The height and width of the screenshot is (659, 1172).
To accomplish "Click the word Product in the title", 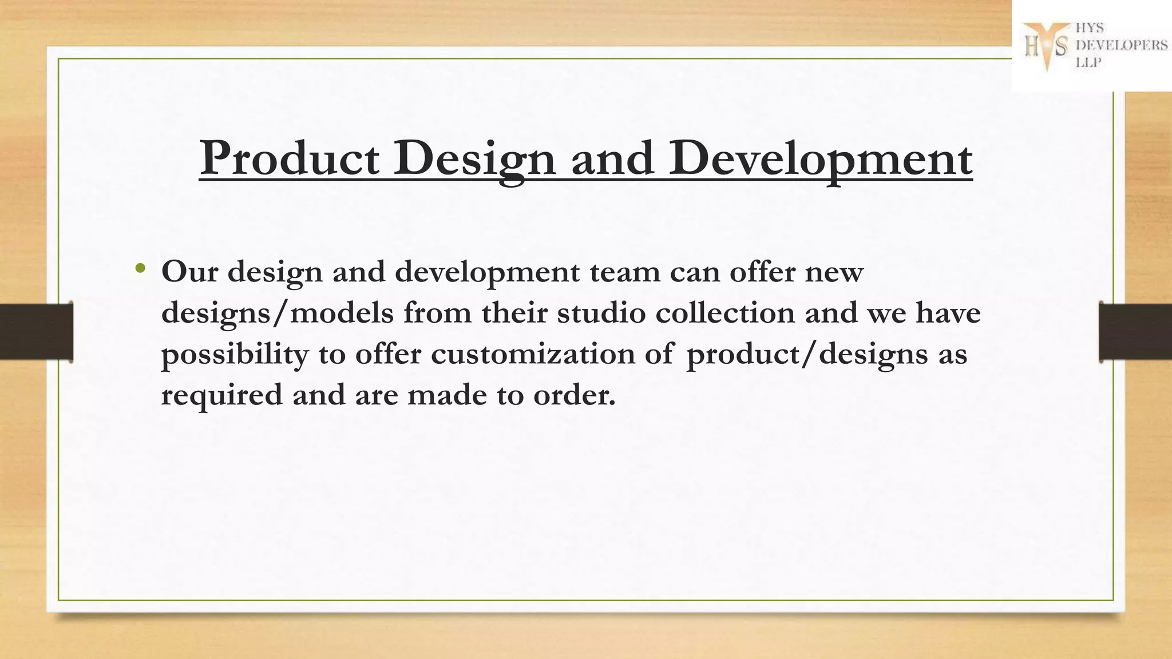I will point(289,158).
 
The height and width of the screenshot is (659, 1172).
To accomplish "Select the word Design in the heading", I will point(474,159).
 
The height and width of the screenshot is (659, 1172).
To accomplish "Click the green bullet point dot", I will point(140,267).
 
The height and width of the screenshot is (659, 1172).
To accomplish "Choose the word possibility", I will point(235,355).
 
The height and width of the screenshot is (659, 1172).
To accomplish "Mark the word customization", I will point(533,354).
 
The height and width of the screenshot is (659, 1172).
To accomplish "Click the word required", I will point(222,395).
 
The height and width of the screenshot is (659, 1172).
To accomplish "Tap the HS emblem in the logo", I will point(1046,46).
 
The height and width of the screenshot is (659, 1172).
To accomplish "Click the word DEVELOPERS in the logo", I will point(1122,45).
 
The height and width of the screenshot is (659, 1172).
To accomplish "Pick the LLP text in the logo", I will point(1088,63).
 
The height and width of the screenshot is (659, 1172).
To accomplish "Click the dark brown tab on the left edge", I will point(36,332).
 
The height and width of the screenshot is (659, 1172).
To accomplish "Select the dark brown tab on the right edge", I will point(1135,332).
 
